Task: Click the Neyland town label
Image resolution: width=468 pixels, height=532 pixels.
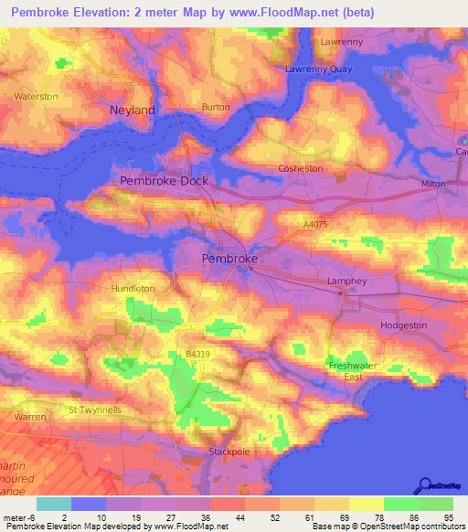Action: tap(133, 110)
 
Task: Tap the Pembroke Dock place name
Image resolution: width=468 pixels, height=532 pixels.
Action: tap(165, 181)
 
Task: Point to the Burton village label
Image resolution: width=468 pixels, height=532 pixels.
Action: tap(216, 107)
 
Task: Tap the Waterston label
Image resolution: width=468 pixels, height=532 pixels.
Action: tap(37, 96)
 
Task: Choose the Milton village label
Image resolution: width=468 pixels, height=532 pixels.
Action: tap(434, 184)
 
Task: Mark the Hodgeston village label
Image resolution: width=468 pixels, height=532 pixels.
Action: tap(403, 325)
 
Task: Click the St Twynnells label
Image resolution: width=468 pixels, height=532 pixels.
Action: tap(95, 410)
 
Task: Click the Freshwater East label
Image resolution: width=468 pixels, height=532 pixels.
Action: tap(352, 371)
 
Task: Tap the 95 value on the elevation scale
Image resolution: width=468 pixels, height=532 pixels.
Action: tap(449, 518)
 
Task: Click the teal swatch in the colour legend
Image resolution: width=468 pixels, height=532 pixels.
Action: tap(54, 504)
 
